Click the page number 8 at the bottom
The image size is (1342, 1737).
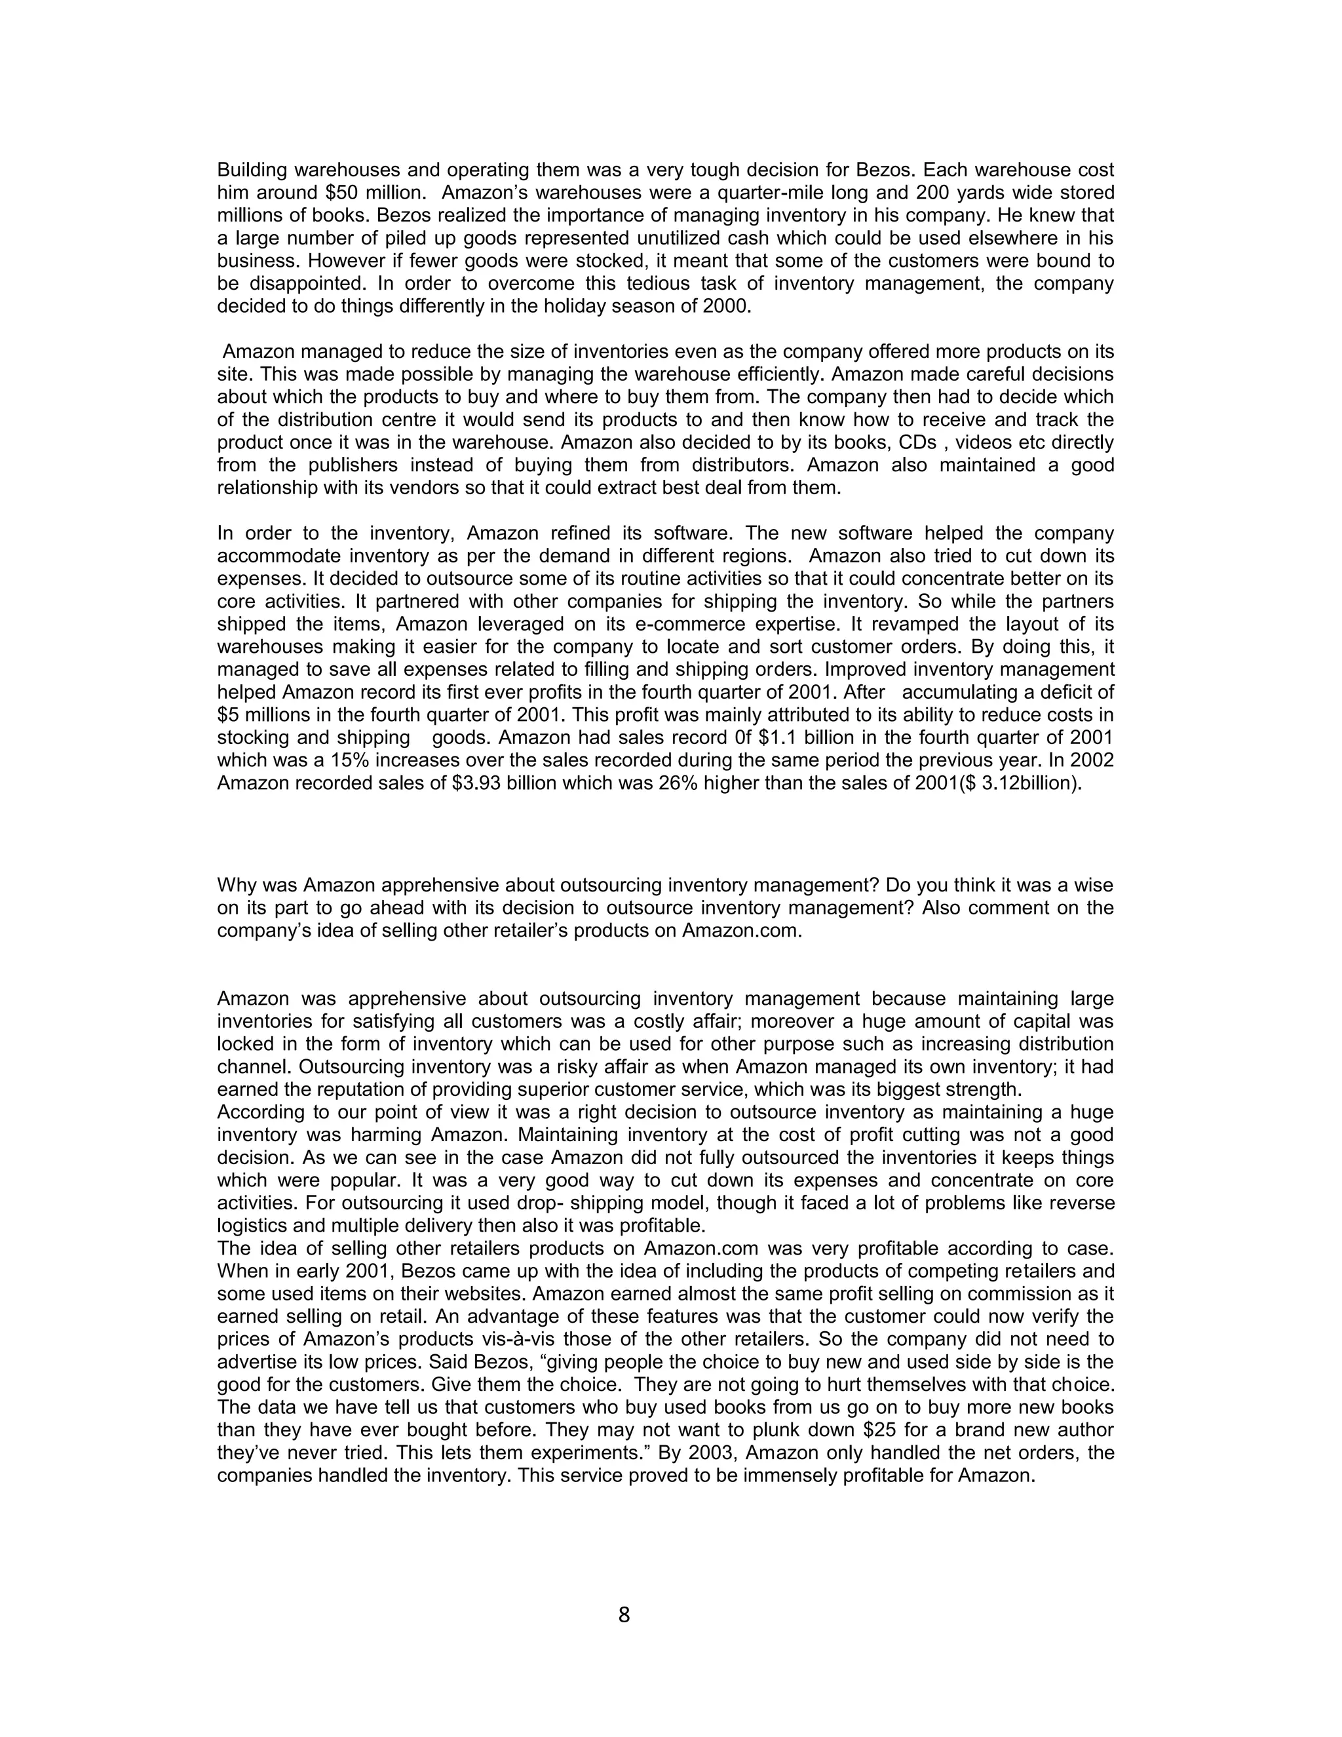[x=623, y=1614]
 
